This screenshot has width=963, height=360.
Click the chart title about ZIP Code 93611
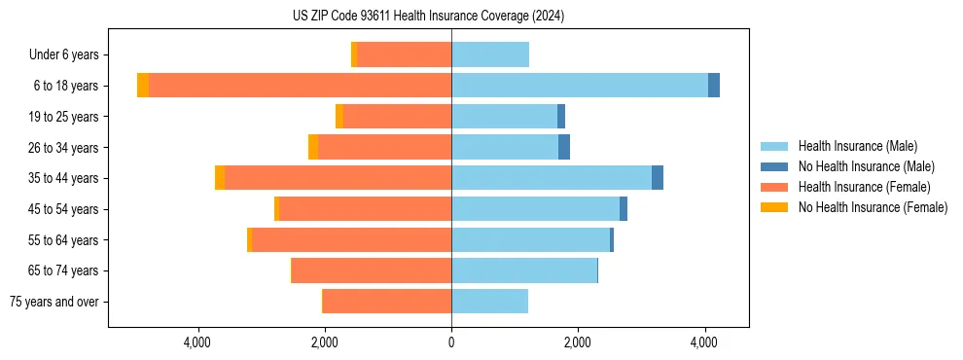pyautogui.click(x=428, y=16)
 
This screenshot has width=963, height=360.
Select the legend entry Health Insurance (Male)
pyautogui.click(x=857, y=146)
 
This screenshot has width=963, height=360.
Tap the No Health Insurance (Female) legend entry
pyautogui.click(x=873, y=207)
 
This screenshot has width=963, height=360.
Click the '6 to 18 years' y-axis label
pyautogui.click(x=66, y=86)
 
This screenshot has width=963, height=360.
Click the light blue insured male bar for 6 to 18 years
pyautogui.click(x=580, y=86)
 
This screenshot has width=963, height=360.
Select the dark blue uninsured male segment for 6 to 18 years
pyautogui.click(x=714, y=86)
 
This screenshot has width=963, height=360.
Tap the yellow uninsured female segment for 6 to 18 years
pyautogui.click(x=143, y=86)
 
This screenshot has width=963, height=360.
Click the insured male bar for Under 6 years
pyautogui.click(x=490, y=55)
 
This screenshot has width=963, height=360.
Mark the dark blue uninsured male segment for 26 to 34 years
pyautogui.click(x=564, y=147)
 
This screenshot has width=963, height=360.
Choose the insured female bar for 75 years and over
pyautogui.click(x=387, y=302)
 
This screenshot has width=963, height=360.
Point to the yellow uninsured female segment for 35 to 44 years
pyautogui.click(x=220, y=178)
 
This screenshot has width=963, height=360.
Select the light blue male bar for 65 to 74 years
pyautogui.click(x=524, y=270)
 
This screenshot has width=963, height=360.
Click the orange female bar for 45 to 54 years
pyautogui.click(x=365, y=209)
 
